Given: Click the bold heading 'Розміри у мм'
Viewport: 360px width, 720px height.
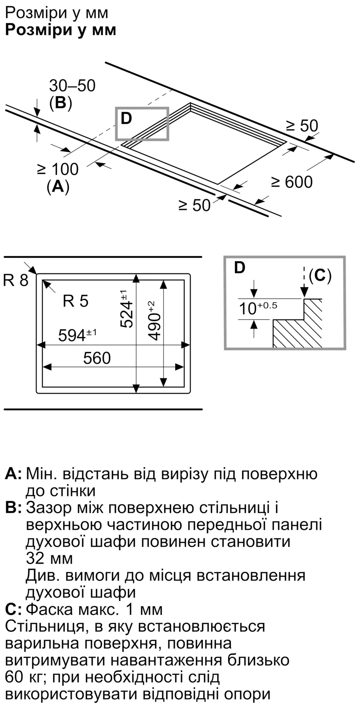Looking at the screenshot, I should [x=60, y=30].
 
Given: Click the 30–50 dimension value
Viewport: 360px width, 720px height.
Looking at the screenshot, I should [x=72, y=86].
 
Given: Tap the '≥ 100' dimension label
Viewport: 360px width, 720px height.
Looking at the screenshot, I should [x=58, y=169].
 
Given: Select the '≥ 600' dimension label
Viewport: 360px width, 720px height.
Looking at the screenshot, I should [x=292, y=182].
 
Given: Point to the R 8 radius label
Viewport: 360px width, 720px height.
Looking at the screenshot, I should [x=15, y=280].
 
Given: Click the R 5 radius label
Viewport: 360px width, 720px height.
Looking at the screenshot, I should [x=75, y=301].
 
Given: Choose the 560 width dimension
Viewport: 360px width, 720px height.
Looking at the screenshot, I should [x=97, y=358].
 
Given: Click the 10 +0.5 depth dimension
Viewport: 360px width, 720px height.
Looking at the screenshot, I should [x=258, y=308].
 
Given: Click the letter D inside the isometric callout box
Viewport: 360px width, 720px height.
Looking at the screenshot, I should [x=126, y=118].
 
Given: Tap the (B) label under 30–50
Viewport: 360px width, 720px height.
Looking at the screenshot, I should [x=60, y=103].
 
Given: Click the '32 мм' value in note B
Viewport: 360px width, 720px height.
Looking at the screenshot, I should [x=49, y=558].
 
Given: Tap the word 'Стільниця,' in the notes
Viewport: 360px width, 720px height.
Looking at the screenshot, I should [x=45, y=626].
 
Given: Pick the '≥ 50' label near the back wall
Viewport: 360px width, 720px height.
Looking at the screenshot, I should [x=302, y=126].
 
